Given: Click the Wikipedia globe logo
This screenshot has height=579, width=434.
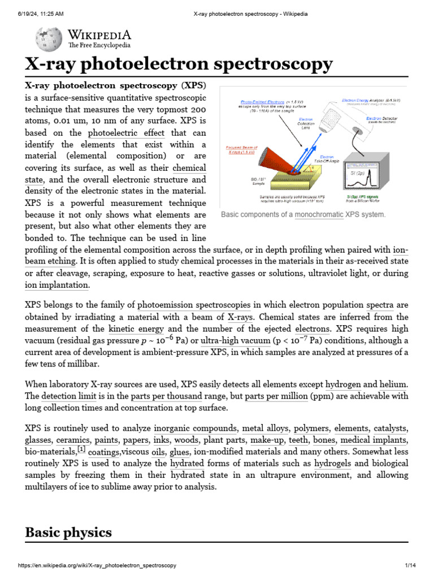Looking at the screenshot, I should coord(45,38).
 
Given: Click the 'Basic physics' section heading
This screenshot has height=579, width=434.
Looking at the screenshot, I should coord(68,532).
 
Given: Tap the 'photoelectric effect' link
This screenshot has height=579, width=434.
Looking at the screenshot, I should coord(126,133).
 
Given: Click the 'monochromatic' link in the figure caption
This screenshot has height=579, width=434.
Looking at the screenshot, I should coord(319,215).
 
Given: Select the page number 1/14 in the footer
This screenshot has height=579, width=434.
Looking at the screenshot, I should coord(410,565).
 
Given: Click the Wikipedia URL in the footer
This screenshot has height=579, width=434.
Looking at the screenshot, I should coord(97,565).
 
